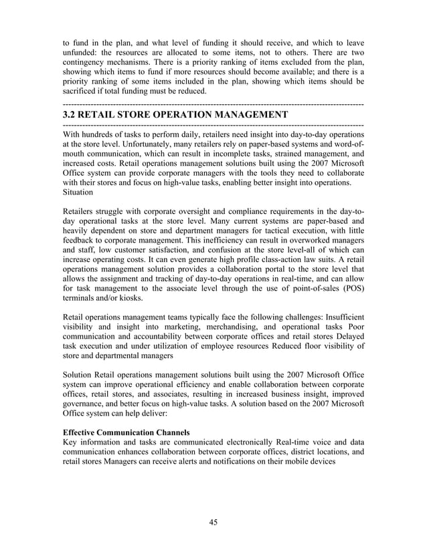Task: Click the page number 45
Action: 213,522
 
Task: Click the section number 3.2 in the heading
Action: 70,116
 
